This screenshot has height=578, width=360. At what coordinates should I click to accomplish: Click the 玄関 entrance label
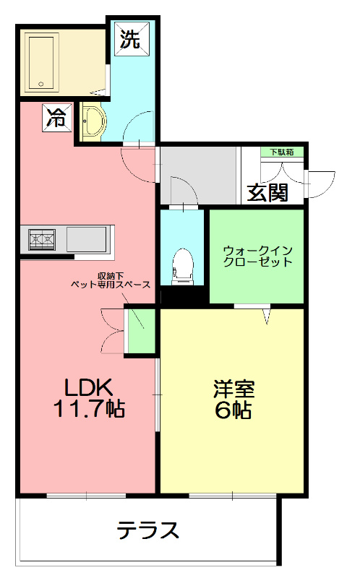tap(267, 192)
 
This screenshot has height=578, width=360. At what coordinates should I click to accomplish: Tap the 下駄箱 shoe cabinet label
tap(281, 152)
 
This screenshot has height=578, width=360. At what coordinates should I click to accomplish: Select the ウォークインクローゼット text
tap(257, 256)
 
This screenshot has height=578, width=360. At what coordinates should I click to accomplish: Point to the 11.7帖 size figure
tap(88, 409)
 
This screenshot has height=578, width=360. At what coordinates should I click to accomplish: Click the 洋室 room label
tap(233, 389)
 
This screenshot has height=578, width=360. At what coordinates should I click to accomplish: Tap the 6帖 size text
tap(233, 410)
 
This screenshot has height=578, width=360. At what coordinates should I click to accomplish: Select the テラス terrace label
tap(148, 531)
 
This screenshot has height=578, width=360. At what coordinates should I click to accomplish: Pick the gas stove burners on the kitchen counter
tap(43, 237)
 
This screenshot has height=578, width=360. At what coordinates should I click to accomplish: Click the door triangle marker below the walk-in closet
tap(267, 316)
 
